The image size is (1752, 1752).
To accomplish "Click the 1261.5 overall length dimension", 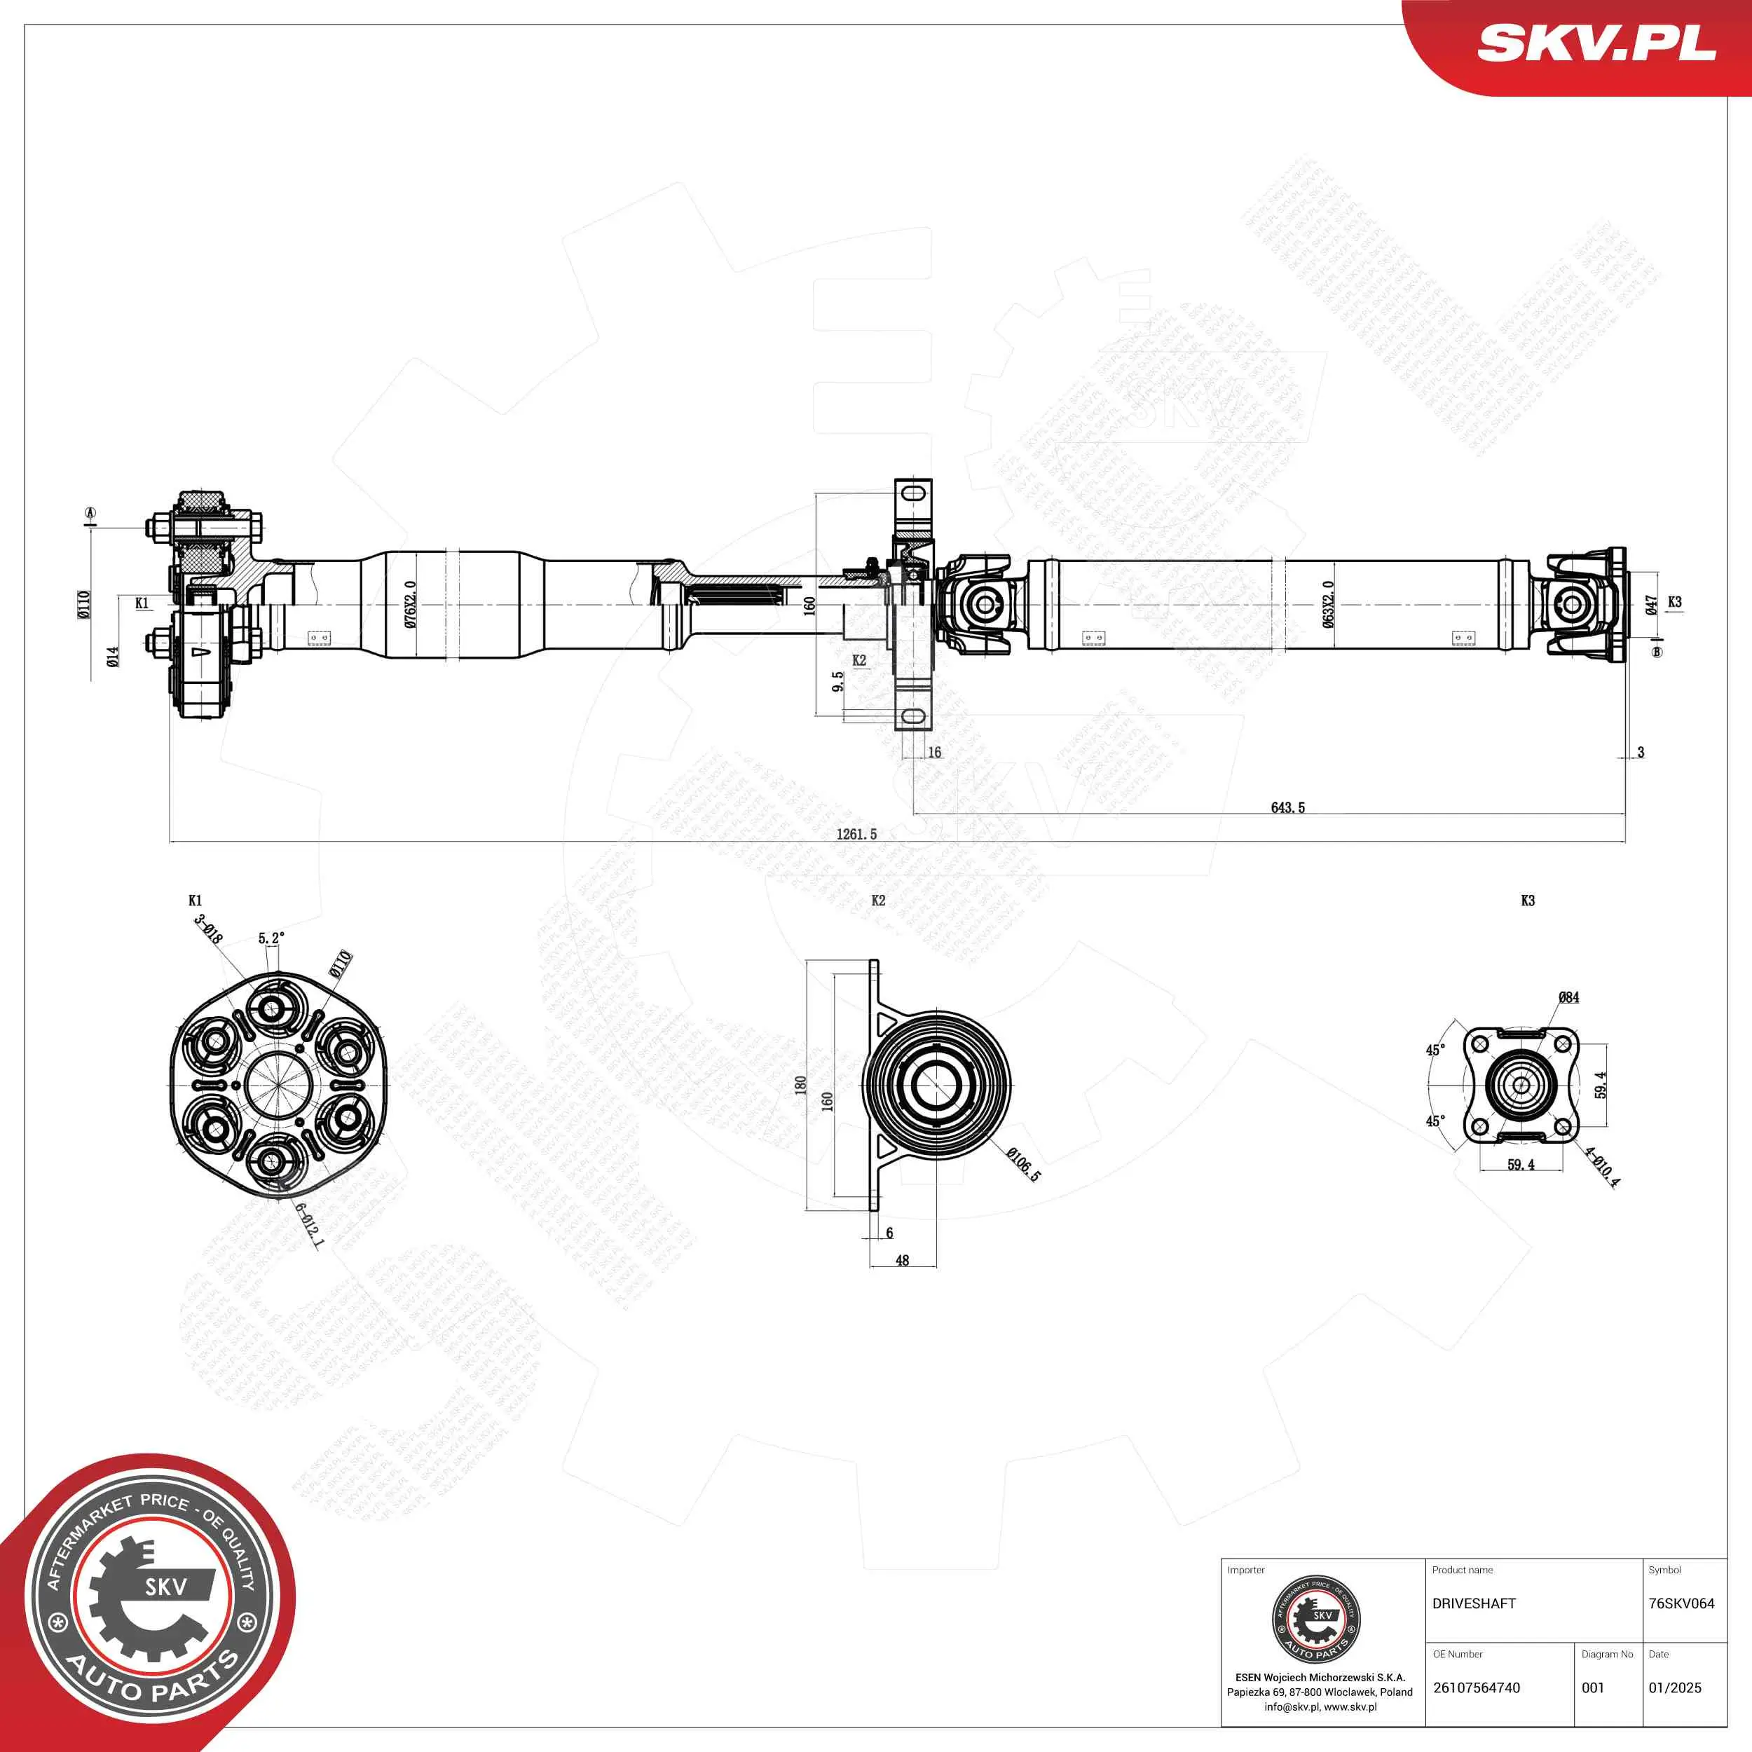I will [856, 833].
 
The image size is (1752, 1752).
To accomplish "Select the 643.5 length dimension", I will [1287, 807].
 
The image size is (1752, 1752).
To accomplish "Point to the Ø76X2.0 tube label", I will [410, 604].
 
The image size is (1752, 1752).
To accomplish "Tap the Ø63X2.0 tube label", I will [1327, 604].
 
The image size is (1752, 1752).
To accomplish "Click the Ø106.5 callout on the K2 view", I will [1024, 1164].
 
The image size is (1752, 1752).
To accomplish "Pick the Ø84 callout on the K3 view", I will [1569, 997].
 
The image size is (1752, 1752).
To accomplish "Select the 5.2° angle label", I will [271, 938].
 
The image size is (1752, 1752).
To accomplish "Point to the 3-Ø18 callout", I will [207, 929].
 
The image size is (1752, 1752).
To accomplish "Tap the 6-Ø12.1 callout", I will [309, 1226].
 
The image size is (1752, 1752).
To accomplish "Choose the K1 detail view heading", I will [195, 901].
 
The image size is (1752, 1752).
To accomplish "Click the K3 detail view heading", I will [1528, 901].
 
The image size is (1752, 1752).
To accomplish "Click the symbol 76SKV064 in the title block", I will [1681, 1603].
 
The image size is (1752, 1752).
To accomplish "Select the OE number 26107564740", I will [1477, 1688].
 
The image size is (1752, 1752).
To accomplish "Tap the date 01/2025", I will [1675, 1688].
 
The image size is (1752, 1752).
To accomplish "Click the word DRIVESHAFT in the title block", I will [1474, 1603].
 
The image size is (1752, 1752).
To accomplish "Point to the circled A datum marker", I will [90, 514].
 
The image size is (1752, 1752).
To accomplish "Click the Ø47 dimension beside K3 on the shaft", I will [1650, 605].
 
